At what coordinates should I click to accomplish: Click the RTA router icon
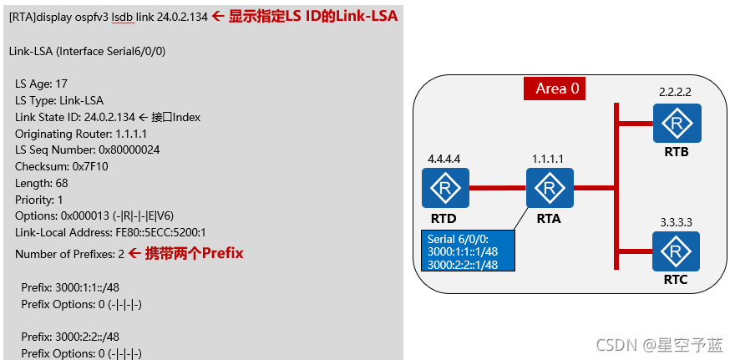(x=550, y=188)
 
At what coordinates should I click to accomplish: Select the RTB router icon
(x=677, y=124)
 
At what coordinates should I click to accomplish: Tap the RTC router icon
(x=677, y=251)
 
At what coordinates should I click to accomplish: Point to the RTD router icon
(x=445, y=188)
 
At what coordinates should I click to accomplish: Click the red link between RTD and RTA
(x=497, y=188)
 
